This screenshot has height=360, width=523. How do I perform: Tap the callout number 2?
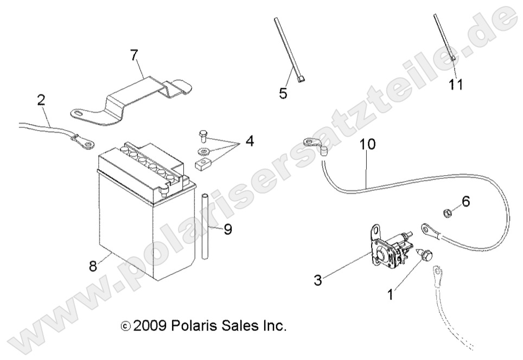point(42,100)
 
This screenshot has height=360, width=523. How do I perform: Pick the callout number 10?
point(367,145)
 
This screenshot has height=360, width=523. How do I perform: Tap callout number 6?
point(465,202)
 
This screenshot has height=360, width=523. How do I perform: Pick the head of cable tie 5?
point(300,81)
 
